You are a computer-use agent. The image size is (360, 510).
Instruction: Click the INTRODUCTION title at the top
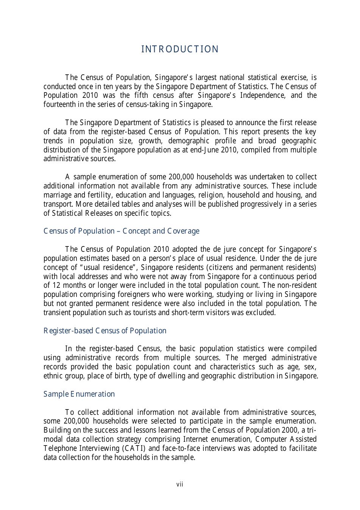[x=180, y=49]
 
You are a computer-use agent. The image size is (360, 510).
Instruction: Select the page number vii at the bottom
[x=180, y=484]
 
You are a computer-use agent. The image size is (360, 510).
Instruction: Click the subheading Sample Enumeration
[x=79, y=394]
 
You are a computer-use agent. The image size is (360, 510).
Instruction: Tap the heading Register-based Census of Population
[x=105, y=331]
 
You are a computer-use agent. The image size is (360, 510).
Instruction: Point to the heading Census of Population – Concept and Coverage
[x=121, y=231]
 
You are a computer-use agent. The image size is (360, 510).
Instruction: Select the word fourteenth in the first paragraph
[x=59, y=104]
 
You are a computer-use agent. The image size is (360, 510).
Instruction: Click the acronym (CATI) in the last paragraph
[x=134, y=448]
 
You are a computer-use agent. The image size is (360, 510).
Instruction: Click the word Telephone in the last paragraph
[x=59, y=448]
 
